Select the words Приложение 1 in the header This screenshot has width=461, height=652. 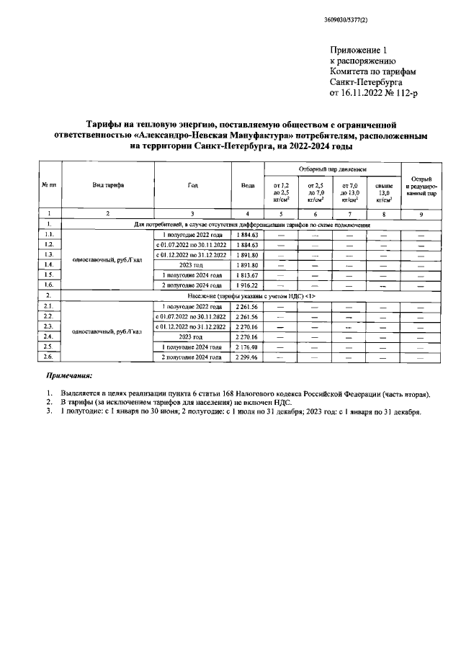tap(358, 50)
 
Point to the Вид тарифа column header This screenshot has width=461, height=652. tap(108, 185)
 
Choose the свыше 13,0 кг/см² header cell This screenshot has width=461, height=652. tap(384, 192)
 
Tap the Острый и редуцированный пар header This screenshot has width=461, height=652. tap(421, 185)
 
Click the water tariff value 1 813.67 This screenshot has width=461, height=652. tap(247, 275)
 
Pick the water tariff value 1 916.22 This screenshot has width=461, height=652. tap(247, 285)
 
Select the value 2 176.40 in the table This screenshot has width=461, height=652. tap(247, 347)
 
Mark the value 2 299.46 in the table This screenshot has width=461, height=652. tap(247, 357)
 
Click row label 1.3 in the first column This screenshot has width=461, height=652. tap(49, 255)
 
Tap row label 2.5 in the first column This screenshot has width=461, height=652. tap(49, 347)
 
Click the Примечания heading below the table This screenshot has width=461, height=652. tap(69, 376)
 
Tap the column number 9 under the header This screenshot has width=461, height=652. tap(421, 214)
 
